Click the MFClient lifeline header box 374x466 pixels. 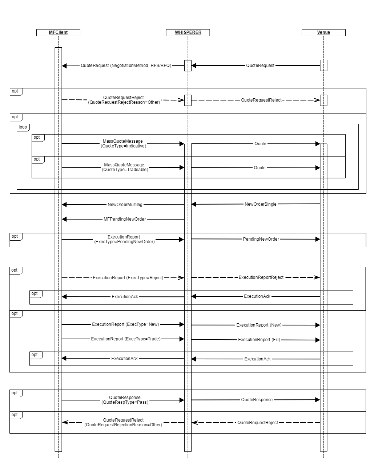coord(58,32)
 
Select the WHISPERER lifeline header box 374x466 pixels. coord(188,32)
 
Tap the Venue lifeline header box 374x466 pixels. coord(323,32)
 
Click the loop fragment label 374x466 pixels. coord(23,127)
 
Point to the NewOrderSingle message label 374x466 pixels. coord(260,204)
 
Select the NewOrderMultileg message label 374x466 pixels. coord(125,205)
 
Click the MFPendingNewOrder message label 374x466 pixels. coord(125,219)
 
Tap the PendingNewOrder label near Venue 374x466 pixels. coord(261,239)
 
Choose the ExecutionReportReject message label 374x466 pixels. coord(261,277)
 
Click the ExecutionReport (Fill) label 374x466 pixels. coord(259,340)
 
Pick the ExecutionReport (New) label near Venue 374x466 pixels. coord(259,325)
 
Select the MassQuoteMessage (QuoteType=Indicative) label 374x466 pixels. coord(123,143)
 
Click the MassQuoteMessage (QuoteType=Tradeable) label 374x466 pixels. coord(125,167)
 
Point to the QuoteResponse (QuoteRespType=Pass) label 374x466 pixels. coord(125,400)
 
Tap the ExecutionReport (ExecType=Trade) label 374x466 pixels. coord(125,339)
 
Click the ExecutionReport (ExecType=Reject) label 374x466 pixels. coord(128,278)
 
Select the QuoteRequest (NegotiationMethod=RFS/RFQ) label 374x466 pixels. coord(126,66)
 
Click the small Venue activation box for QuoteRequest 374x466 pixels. coord(323,65)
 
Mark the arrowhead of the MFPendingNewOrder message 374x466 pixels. coord(64,219)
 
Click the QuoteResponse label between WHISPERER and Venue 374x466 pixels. coord(257,400)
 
